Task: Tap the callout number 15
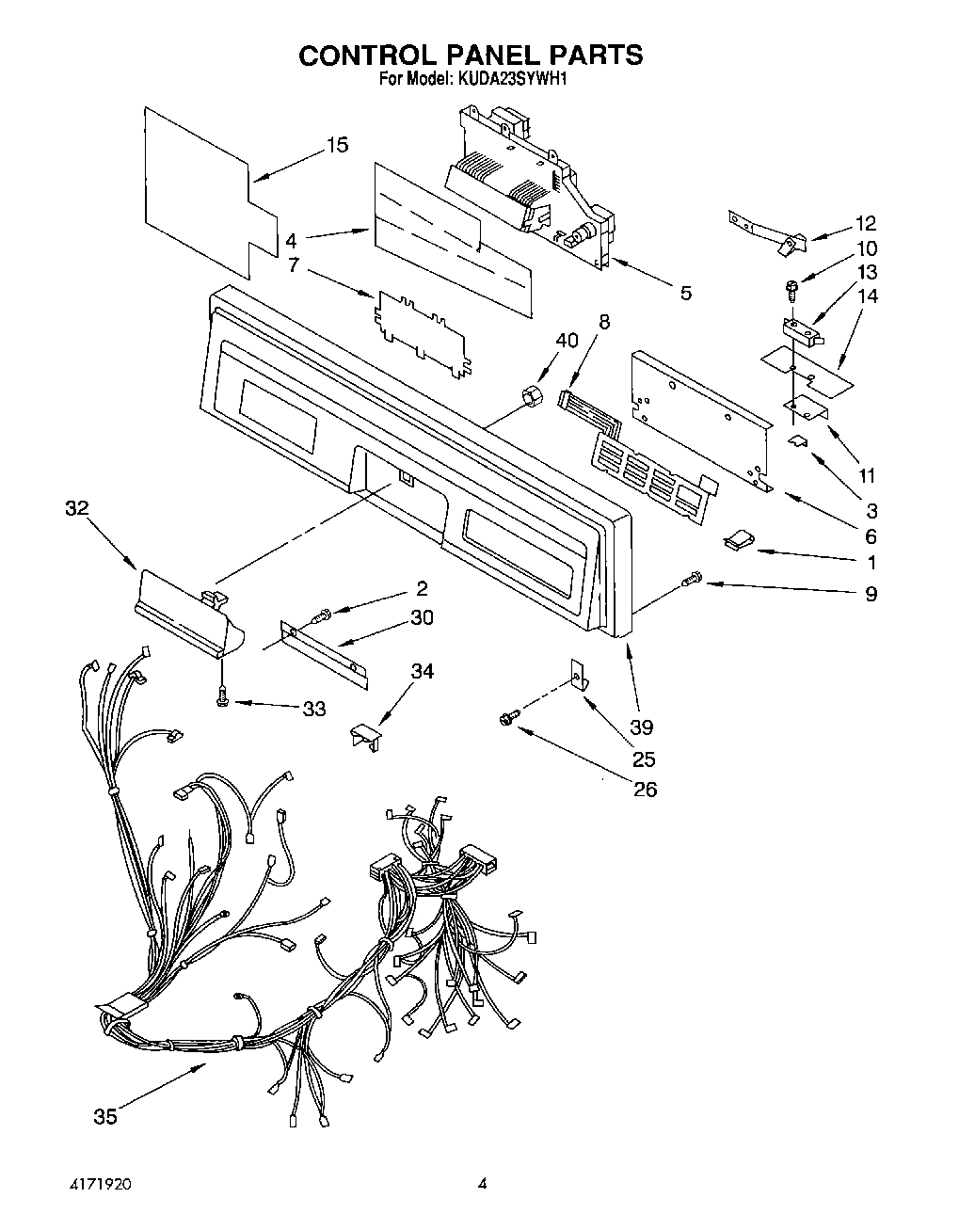pos(337,145)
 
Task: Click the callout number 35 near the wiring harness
pos(105,1116)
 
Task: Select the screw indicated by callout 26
pos(506,719)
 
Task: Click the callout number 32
pos(76,508)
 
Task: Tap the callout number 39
pos(643,727)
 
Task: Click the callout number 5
pos(685,294)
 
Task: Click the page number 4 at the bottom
pos(482,1184)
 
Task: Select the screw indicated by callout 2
pos(324,615)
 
